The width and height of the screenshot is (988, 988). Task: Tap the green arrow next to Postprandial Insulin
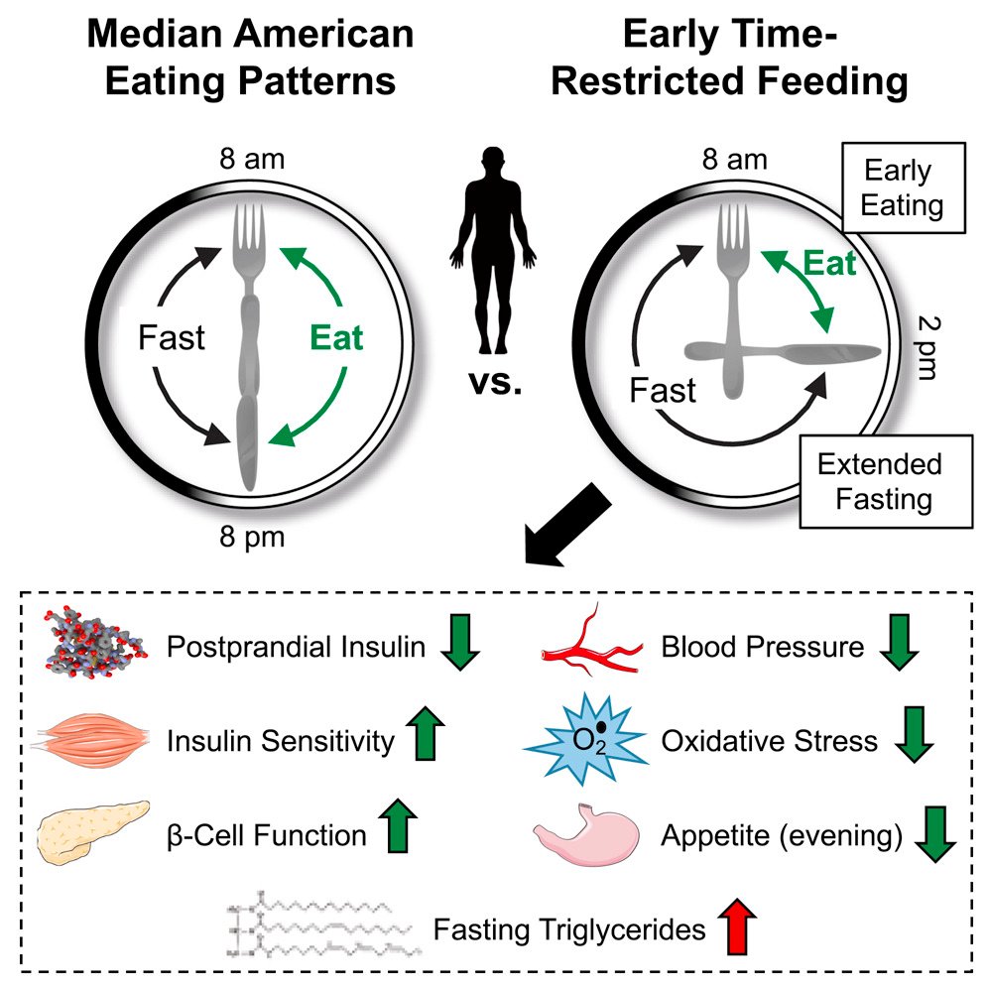pyautogui.click(x=460, y=642)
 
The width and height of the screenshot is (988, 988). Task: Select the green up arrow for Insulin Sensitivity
pyautogui.click(x=426, y=733)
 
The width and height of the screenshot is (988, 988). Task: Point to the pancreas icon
pyautogui.click(x=93, y=831)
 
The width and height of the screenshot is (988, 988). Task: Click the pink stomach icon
pyautogui.click(x=586, y=834)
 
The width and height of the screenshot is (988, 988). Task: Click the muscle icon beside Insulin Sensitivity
pyautogui.click(x=92, y=737)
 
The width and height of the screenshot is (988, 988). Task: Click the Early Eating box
pyautogui.click(x=904, y=187)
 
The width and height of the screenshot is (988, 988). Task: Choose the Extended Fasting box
pyautogui.click(x=885, y=481)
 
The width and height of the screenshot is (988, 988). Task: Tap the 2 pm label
pyautogui.click(x=927, y=348)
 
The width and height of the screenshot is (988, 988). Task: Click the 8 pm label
pyautogui.click(x=252, y=538)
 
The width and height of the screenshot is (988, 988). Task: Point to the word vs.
pyautogui.click(x=495, y=382)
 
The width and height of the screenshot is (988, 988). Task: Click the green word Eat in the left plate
pyautogui.click(x=336, y=337)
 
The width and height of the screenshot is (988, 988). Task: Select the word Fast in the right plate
pyautogui.click(x=663, y=391)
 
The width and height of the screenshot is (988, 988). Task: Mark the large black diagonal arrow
pyautogui.click(x=567, y=524)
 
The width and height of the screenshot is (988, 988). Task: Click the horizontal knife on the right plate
pyautogui.click(x=783, y=352)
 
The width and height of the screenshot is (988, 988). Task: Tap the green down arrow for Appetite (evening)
pyautogui.click(x=935, y=833)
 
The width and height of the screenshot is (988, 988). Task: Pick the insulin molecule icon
pyautogui.click(x=94, y=642)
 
